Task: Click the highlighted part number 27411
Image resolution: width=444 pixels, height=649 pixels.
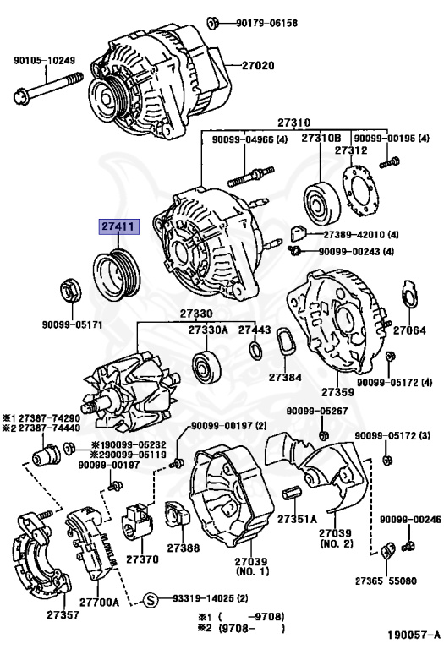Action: tap(117, 227)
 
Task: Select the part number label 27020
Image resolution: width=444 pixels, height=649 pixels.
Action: tap(259, 65)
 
